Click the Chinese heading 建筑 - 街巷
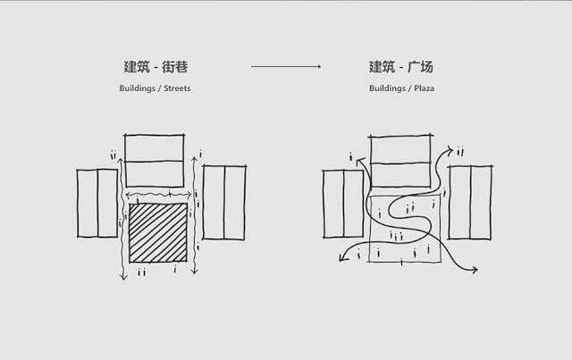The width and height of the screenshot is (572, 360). click(x=156, y=67)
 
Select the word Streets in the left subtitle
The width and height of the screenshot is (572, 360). click(x=175, y=88)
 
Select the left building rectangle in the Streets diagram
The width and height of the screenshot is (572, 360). click(x=97, y=203)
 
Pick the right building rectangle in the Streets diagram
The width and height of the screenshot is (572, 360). click(x=224, y=203)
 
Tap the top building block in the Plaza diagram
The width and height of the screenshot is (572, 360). click(x=401, y=161)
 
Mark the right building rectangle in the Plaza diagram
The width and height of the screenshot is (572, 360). click(x=471, y=203)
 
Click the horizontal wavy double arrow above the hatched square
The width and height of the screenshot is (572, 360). click(x=156, y=194)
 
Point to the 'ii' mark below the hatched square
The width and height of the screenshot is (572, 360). click(x=142, y=272)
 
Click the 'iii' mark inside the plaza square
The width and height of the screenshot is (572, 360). click(x=396, y=235)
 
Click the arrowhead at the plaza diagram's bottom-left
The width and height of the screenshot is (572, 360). click(x=341, y=262)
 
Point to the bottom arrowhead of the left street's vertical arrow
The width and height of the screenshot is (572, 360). click(x=122, y=280)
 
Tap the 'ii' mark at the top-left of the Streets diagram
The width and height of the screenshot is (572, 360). click(x=114, y=156)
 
